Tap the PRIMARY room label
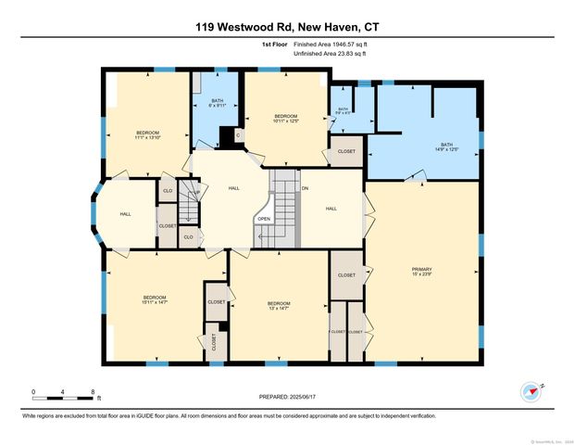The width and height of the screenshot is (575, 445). pyautogui.click(x=421, y=270)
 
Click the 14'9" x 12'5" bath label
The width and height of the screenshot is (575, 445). pyautogui.click(x=447, y=146)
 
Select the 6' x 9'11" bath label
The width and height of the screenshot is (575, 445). pyautogui.click(x=217, y=104)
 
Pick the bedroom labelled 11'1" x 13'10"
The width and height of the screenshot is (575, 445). pyautogui.click(x=147, y=135)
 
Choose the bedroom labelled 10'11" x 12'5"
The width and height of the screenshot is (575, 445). pyautogui.click(x=278, y=118)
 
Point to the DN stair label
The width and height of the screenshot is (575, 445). pyautogui.click(x=305, y=189)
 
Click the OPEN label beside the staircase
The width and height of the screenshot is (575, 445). pyautogui.click(x=264, y=220)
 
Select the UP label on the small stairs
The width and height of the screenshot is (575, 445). pyautogui.click(x=195, y=193)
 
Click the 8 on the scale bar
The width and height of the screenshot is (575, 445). pyautogui.click(x=93, y=392)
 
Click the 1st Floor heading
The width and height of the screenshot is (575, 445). pyautogui.click(x=273, y=44)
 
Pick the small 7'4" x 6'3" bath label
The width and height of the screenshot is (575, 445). pyautogui.click(x=343, y=111)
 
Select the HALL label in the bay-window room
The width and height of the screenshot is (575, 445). pyautogui.click(x=125, y=214)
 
